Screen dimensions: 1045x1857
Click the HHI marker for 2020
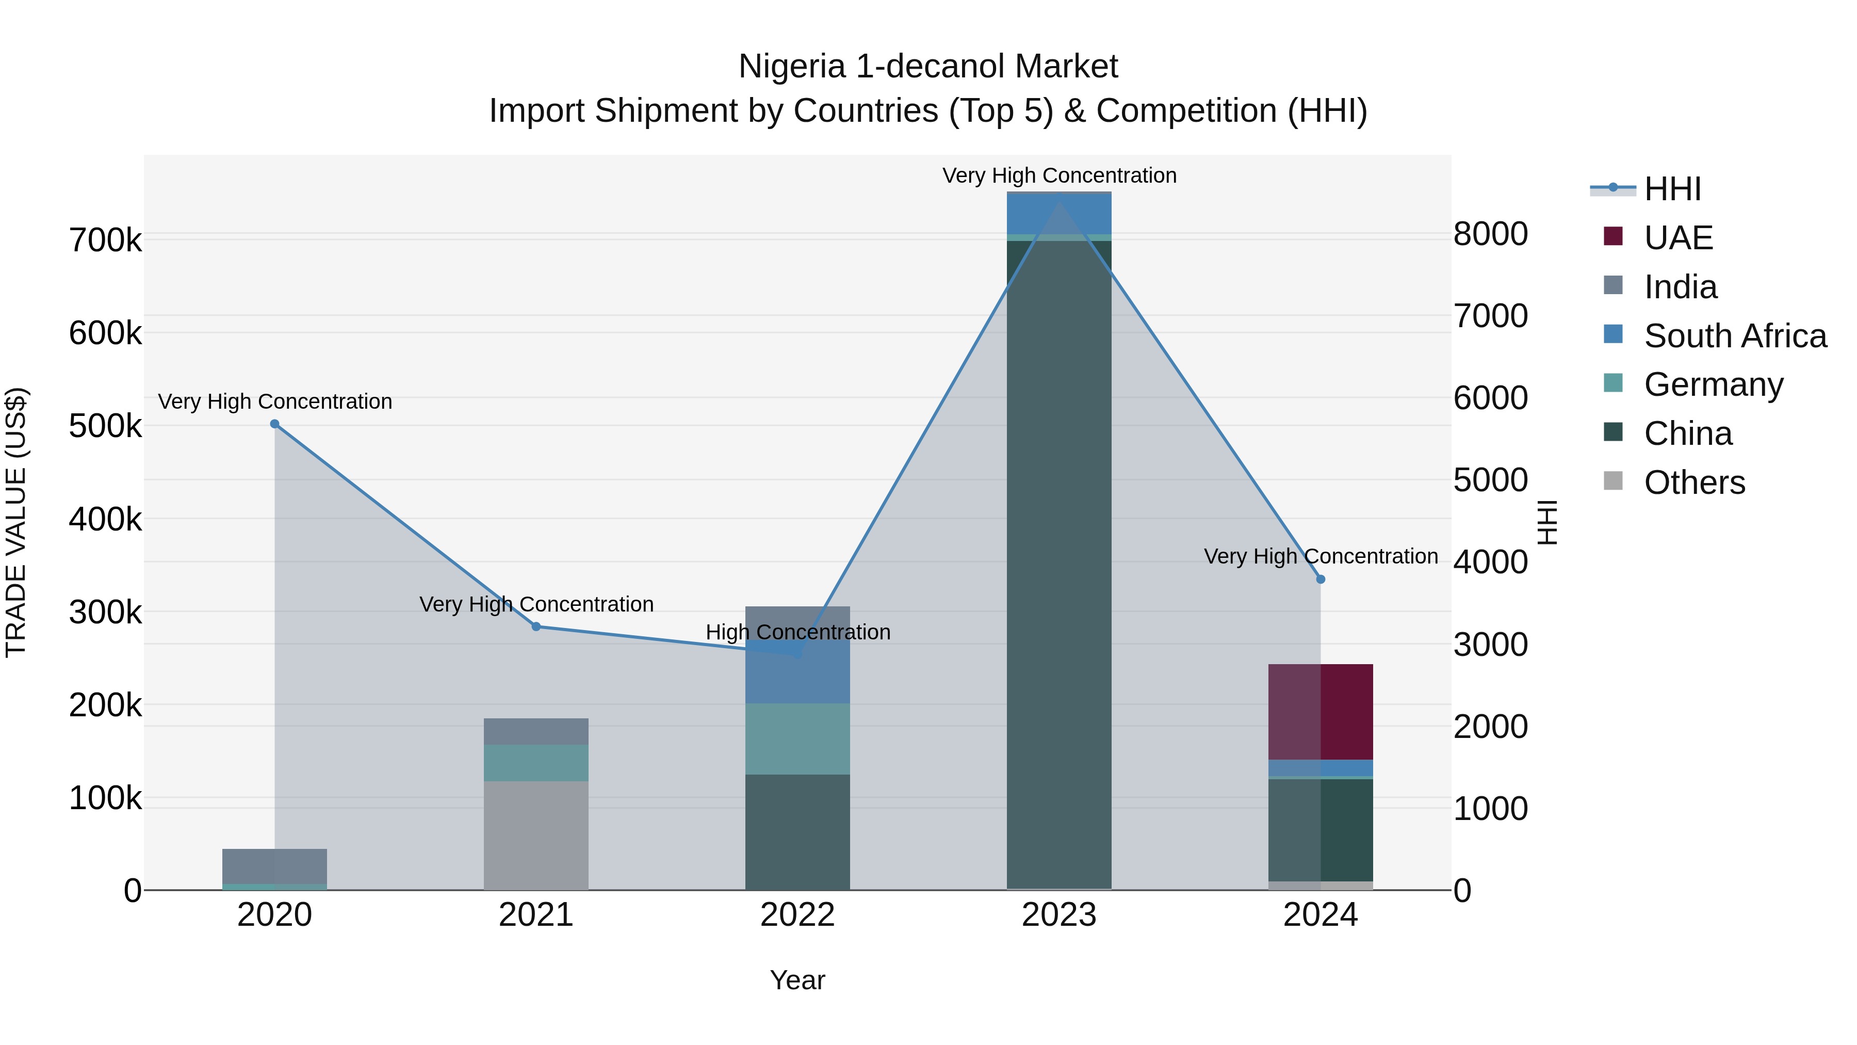[x=274, y=424]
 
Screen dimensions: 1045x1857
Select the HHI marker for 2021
[x=536, y=626]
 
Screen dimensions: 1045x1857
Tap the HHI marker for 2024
[x=1321, y=579]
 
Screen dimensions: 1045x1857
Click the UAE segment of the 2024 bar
[x=1321, y=711]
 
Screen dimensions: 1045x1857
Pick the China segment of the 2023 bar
[x=1059, y=562]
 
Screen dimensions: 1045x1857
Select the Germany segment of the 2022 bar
[x=797, y=738]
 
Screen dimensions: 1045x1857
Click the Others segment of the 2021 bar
[x=536, y=835]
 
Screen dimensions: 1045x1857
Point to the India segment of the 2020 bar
[x=274, y=865]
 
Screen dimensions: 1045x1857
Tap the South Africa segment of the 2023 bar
[x=1059, y=214]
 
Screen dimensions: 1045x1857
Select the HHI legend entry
[x=1672, y=189]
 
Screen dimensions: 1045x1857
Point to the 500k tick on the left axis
[x=105, y=426]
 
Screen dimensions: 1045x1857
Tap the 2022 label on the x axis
[x=797, y=915]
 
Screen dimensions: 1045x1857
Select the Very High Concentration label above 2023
[x=1059, y=175]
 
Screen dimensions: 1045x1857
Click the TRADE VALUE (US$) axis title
[x=16, y=522]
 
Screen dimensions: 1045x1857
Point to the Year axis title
[x=797, y=980]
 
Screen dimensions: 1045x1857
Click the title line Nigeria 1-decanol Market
[x=928, y=67]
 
